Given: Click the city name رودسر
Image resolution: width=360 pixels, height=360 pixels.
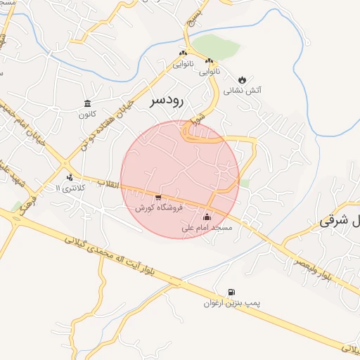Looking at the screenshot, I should click(x=166, y=101).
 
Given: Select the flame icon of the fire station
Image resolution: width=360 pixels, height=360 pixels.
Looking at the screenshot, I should click(x=243, y=79).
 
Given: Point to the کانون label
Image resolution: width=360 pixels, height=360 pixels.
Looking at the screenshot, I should click(x=87, y=114).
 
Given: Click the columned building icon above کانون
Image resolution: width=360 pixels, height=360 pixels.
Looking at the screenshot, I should click(x=87, y=103).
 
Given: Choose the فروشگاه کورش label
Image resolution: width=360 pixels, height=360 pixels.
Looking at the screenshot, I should click(x=158, y=209).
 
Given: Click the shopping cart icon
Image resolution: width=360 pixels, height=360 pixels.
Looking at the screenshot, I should click(x=158, y=198).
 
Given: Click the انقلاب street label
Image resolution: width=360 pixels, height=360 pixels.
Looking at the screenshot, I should click(x=109, y=184).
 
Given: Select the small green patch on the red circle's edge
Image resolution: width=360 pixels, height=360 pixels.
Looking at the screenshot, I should click(x=245, y=183).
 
